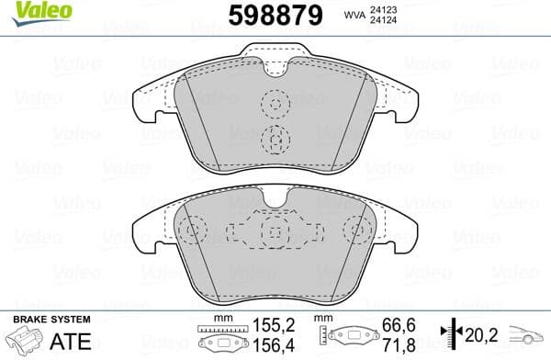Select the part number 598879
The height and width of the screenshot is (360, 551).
(x=275, y=15)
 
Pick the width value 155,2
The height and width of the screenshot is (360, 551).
(x=272, y=324)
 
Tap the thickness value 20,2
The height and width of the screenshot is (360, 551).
(x=478, y=334)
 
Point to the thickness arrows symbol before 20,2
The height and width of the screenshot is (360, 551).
(x=450, y=334)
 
